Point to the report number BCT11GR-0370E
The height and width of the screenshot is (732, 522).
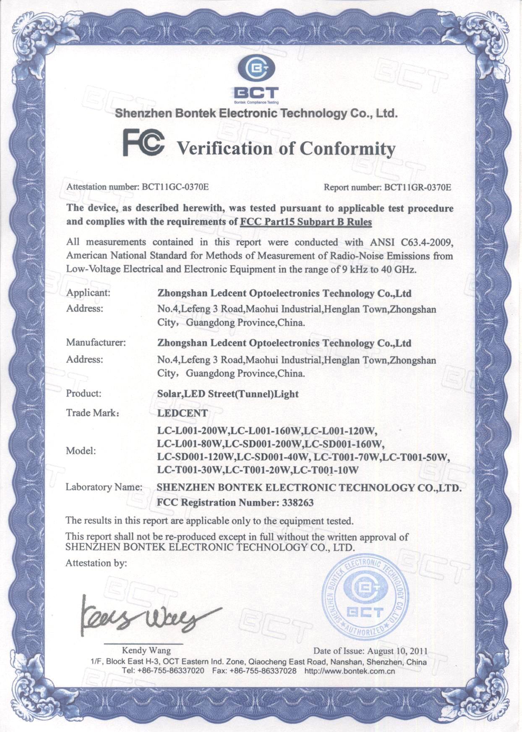pyautogui.click(x=418, y=187)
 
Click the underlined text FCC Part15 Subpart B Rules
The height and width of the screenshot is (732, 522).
pyautogui.click(x=306, y=222)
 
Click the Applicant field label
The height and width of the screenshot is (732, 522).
pyautogui.click(x=88, y=293)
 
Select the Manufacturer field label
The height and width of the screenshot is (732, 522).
pyautogui.click(x=96, y=342)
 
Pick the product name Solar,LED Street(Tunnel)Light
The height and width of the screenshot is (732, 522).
pyautogui.click(x=228, y=394)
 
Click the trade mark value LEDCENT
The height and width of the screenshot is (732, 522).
pyautogui.click(x=182, y=413)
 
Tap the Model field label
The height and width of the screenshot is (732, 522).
pyautogui.click(x=81, y=451)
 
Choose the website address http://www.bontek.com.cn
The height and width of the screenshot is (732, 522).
pyautogui.click(x=350, y=671)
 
